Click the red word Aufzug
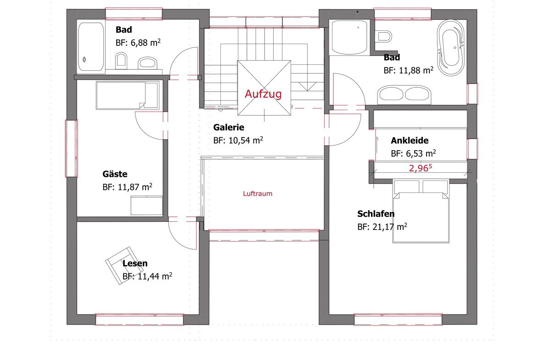tap(263, 94)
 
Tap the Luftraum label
tap(258, 194)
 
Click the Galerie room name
tap(229, 127)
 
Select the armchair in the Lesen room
tap(120, 265)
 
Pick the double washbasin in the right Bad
tap(404, 95)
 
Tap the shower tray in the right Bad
tap(349, 37)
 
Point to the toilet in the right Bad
tap(384, 36)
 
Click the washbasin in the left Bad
tap(148, 63)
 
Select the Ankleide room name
tap(410, 140)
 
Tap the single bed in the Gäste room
tap(128, 96)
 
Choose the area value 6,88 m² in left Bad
tap(146, 43)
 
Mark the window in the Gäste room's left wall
tap(72, 148)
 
